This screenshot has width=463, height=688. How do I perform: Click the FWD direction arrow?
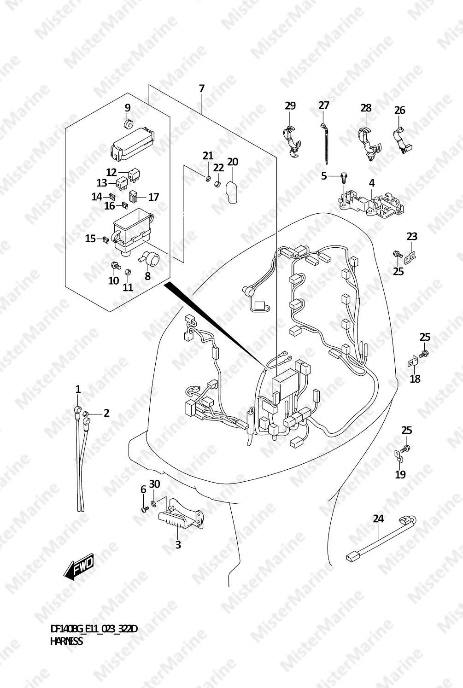78,566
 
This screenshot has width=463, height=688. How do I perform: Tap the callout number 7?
201,89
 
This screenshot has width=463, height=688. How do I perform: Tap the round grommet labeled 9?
128,124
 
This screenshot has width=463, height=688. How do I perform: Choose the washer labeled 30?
153,503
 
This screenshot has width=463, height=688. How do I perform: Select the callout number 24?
378,519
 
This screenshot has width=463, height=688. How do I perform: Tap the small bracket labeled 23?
410,257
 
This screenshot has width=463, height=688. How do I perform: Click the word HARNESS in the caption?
66,641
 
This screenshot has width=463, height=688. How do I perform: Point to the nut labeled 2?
86,413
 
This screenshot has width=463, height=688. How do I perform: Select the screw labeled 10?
116,265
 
